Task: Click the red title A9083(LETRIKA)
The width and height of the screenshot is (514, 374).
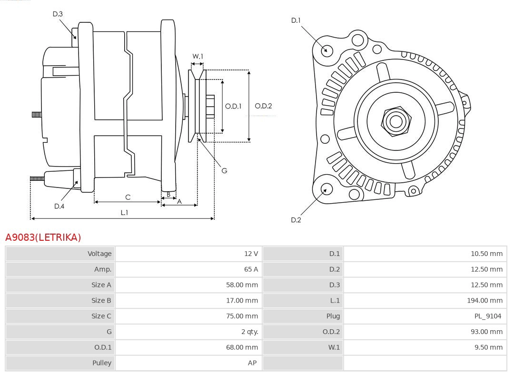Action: coord(43,237)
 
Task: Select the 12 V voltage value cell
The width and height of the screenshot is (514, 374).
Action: coord(251,254)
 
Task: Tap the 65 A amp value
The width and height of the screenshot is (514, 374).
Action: coord(251,269)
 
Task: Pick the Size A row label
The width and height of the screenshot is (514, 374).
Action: coord(101,285)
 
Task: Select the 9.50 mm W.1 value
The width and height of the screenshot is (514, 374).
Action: coord(488,347)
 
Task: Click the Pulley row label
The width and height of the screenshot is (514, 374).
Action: coord(101,363)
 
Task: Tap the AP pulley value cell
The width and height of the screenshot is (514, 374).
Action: coord(252,363)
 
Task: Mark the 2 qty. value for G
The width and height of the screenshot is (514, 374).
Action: coord(248,332)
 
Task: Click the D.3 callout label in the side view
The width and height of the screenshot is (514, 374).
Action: coord(58,14)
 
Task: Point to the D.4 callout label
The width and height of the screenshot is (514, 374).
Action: coord(59,206)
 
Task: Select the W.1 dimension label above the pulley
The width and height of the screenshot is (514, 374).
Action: coord(198,56)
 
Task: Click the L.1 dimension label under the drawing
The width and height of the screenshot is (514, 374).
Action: coord(124,213)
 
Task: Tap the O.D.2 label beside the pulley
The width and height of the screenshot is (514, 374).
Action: coord(263,106)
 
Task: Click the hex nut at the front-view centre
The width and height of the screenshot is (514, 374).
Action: coord(395,121)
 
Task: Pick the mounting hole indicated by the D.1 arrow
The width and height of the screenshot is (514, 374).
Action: coord(327,49)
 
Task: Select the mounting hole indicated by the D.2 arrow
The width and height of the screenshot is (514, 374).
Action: coord(326,189)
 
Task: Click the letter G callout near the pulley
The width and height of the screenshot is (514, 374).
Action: coord(224,170)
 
